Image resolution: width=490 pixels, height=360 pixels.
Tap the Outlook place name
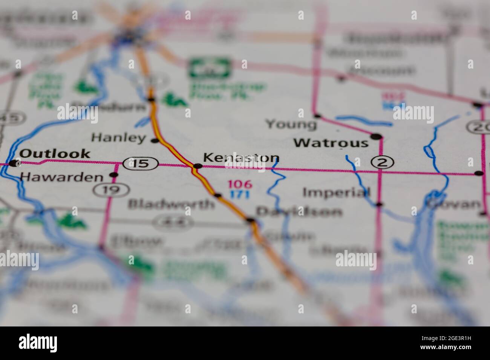tap(55, 153)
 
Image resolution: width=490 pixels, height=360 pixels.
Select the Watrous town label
tap(331, 143)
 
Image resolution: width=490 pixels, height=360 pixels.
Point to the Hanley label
tap(118, 138)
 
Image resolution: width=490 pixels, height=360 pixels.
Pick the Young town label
tap(291, 124)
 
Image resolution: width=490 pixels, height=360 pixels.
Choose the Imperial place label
tap(337, 192)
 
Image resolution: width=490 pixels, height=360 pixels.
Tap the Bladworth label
tap(171, 204)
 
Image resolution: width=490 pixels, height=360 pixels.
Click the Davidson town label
tap(299, 212)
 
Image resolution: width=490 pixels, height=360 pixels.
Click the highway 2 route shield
tap(382, 162)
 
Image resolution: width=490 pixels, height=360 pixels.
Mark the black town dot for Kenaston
tap(197, 166)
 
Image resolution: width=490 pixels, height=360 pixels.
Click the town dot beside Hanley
tap(154, 141)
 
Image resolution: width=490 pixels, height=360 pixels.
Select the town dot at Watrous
tap(376, 136)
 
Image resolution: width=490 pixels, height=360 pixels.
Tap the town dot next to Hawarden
tap(113, 175)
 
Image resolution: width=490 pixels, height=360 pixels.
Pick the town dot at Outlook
tap(15, 163)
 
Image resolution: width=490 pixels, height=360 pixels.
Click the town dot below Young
tap(317, 115)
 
